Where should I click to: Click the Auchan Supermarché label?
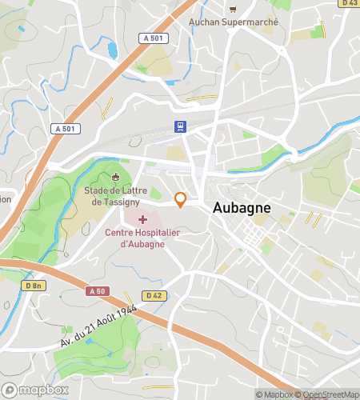[233, 22]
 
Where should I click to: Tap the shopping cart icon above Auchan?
[233, 10]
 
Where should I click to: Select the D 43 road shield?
[349, 3]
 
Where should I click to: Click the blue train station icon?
[182, 126]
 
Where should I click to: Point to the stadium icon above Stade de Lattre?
[116, 178]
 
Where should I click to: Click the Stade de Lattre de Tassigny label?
[117, 196]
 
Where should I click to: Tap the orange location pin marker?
[181, 200]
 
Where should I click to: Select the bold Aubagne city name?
[242, 207]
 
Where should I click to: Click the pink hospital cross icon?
[143, 219]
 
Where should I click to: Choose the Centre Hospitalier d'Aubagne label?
[146, 238]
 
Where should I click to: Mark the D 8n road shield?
[33, 285]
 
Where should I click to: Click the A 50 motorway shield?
[98, 291]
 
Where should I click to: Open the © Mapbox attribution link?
[274, 394]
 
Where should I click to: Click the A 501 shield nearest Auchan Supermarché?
[152, 38]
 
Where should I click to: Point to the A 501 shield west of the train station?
[66, 128]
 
